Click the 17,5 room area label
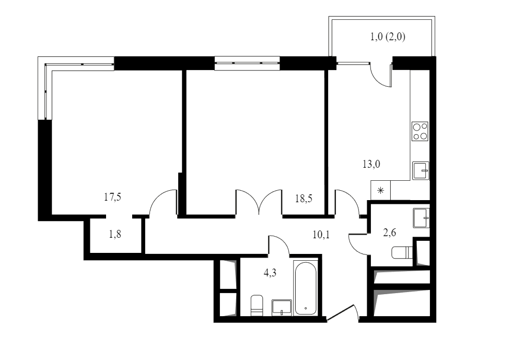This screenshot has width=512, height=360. tap(112, 198)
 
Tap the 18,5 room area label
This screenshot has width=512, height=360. tap(304, 199)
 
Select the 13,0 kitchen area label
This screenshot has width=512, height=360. tap(371, 164)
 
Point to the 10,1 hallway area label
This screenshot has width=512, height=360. tap(321, 235)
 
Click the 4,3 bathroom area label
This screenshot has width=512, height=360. tap(270, 272)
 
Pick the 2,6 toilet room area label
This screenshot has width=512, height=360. tap(390, 233)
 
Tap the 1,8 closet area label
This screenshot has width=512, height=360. tap(115, 235)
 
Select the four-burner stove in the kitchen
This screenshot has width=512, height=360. tap(420, 131)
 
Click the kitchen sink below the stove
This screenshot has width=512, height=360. tap(421, 170)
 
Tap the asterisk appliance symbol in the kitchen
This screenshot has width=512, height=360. tap(381, 191)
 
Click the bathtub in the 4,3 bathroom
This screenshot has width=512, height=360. tap(305, 288)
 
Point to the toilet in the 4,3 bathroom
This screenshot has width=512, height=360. tap(257, 306)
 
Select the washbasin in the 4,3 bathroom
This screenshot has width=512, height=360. tap(282, 308)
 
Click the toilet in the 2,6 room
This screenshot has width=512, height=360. tap(402, 252)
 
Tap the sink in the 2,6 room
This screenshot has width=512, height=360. tap(421, 218)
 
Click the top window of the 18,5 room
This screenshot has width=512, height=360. tap(247, 63)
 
